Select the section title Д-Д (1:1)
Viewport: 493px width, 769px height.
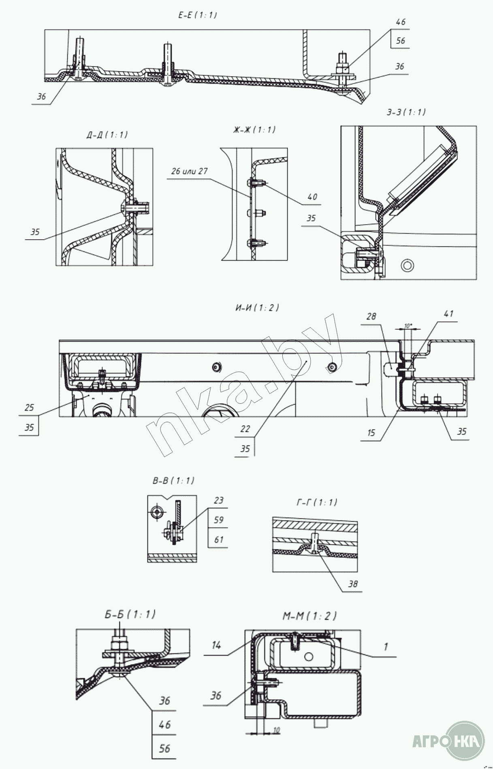click(x=107, y=135)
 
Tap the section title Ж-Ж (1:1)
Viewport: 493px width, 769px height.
click(x=252, y=130)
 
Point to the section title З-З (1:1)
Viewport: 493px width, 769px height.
click(x=406, y=112)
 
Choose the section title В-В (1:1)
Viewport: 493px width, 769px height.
click(x=173, y=481)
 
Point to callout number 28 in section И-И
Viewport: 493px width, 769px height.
click(x=372, y=316)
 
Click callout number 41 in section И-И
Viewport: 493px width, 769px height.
click(x=448, y=313)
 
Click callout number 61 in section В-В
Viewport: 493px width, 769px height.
click(x=219, y=540)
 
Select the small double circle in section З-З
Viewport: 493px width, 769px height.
click(x=407, y=266)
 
